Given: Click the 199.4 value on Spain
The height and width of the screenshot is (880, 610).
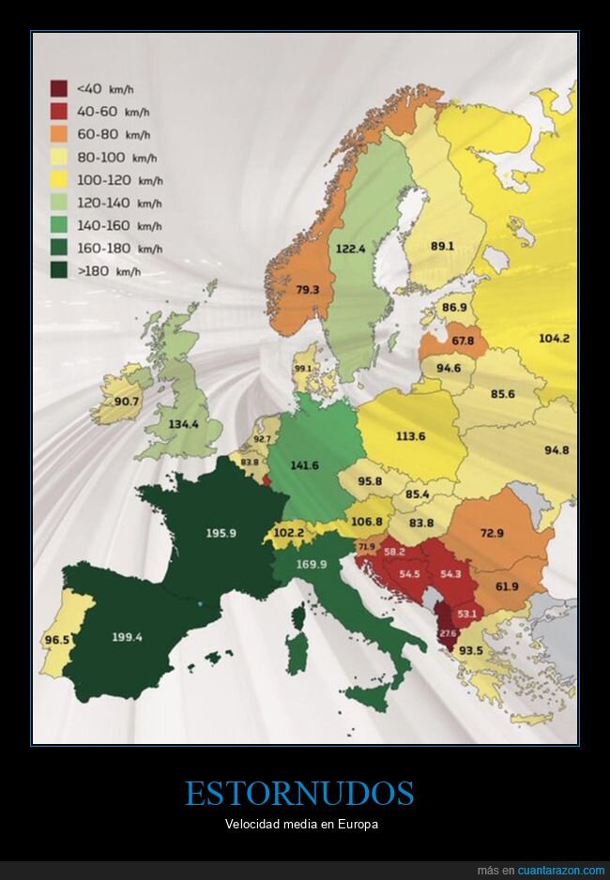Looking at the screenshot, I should click(x=127, y=637).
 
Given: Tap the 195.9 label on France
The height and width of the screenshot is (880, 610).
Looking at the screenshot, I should click(x=221, y=533).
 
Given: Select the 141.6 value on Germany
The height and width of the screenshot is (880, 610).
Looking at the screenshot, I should click(x=304, y=464).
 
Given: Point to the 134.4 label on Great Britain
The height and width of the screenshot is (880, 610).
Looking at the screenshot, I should click(x=183, y=424).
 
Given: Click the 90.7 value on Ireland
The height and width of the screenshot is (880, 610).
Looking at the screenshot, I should click(x=127, y=402).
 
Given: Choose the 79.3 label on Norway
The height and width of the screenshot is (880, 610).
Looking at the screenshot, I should click(x=307, y=290).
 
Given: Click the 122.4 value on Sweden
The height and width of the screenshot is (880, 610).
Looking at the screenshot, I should click(x=349, y=249).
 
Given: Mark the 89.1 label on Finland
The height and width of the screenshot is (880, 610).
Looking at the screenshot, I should click(x=442, y=246).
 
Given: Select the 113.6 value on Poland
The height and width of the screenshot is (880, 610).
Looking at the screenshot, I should click(x=410, y=435).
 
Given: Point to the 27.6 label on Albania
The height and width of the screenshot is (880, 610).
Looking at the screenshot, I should click(x=448, y=634).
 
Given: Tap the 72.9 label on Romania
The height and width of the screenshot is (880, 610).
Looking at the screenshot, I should click(x=492, y=533).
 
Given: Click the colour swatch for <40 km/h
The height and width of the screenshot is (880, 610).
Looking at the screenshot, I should click(x=58, y=88).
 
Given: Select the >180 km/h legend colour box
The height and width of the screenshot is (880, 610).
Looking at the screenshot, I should click(x=58, y=272).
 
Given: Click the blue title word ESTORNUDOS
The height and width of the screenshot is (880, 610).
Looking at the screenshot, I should click(x=299, y=794).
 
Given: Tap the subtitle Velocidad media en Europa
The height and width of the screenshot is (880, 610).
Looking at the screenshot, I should click(x=299, y=825).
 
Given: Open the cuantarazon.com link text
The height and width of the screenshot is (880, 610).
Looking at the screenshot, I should click(x=560, y=871).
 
